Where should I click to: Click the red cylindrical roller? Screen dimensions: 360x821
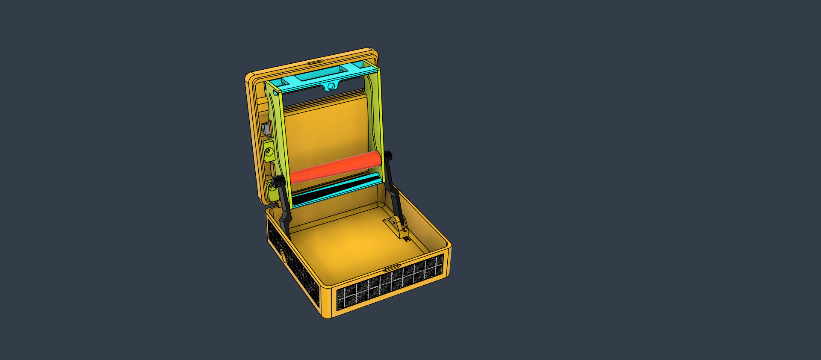click(336, 167)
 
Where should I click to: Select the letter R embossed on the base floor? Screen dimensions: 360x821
click(407, 239)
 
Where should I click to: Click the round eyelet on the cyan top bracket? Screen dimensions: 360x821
click(331, 87)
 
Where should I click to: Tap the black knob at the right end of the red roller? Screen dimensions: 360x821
click(388, 155)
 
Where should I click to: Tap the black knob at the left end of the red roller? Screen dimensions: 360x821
click(280, 182)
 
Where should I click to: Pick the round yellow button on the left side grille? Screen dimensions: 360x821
click(283, 256)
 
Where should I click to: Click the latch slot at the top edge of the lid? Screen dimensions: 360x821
click(315, 62)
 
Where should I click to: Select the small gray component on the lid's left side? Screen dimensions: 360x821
click(265, 128)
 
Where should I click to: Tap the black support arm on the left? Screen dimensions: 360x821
click(285, 210)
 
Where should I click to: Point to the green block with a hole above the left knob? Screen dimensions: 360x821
click(268, 150)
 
